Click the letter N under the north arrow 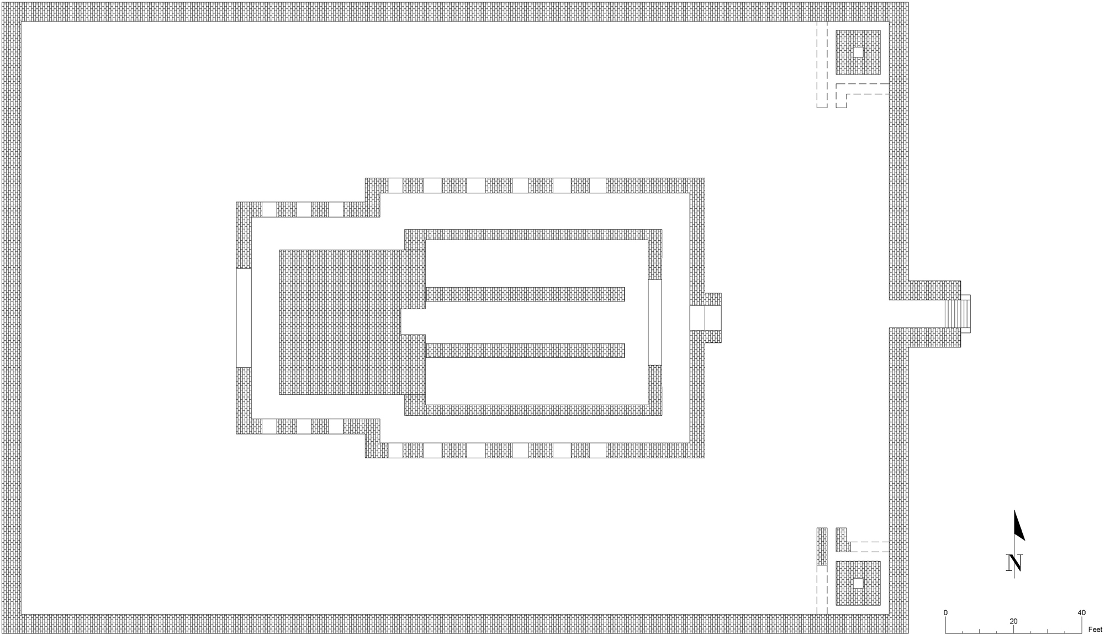[x=1014, y=563]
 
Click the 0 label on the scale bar [x=945, y=612]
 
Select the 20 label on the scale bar [x=1013, y=621]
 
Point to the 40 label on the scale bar [x=1081, y=612]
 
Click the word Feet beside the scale [x=1095, y=629]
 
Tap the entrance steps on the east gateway [x=953, y=314]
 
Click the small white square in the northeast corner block [x=858, y=52]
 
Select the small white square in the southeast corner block [x=858, y=583]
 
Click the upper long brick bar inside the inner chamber [x=525, y=294]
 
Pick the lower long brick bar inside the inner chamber [x=525, y=351]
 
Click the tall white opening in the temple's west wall [x=244, y=317]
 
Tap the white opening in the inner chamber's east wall [x=655, y=322]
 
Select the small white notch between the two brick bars [x=413, y=322]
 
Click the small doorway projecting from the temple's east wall [x=712, y=317]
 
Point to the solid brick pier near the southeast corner [x=822, y=546]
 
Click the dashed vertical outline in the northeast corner [x=822, y=64]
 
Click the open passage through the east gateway [x=917, y=314]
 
